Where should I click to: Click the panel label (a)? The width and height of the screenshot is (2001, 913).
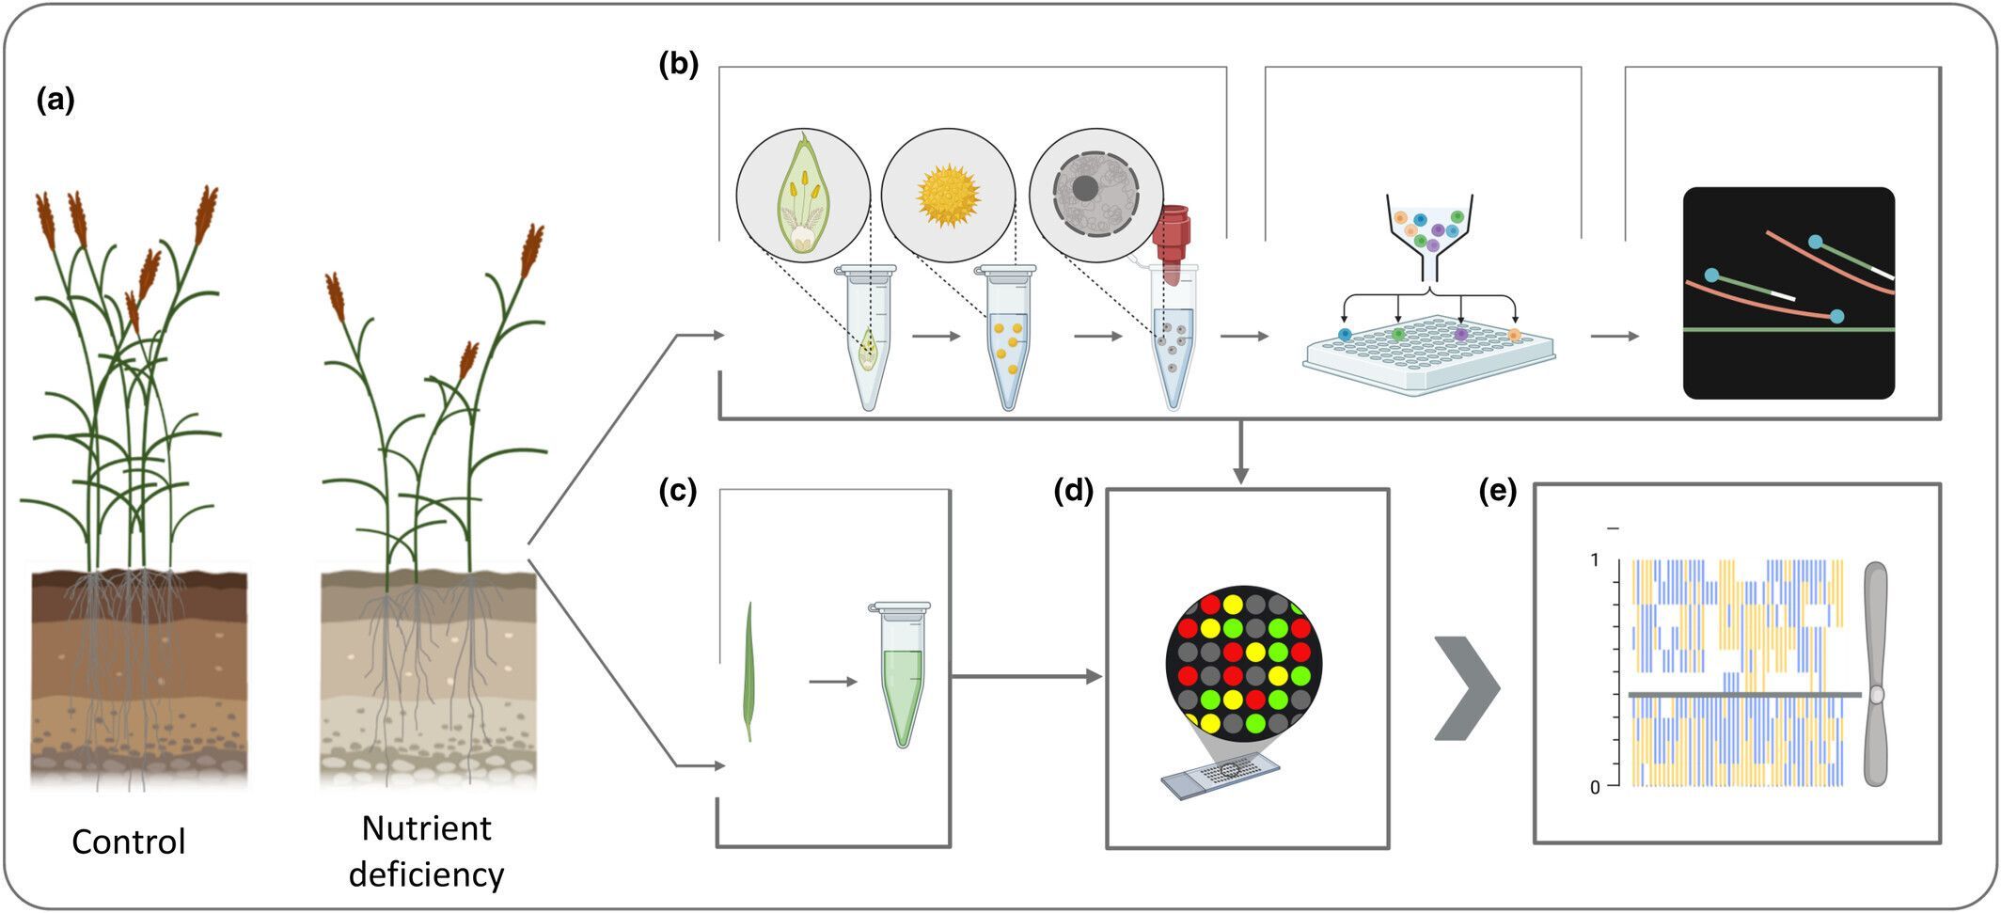click(x=55, y=100)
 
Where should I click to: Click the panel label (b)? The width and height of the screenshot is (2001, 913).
click(x=679, y=65)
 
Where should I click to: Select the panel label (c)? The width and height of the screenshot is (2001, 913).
click(x=678, y=491)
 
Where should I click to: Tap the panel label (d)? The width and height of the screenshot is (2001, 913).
click(x=1073, y=491)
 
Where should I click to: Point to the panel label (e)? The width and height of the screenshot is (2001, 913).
click(x=1498, y=491)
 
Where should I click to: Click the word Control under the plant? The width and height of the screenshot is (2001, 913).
click(x=129, y=842)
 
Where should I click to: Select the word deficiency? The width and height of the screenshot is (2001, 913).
click(x=426, y=874)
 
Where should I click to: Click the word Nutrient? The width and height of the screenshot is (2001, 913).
click(x=426, y=828)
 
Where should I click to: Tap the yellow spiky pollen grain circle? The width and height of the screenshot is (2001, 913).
click(x=948, y=196)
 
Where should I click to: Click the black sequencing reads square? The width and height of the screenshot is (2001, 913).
click(x=1788, y=293)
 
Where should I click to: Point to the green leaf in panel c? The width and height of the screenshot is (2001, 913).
click(x=749, y=672)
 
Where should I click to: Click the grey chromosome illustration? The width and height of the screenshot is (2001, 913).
click(x=1875, y=674)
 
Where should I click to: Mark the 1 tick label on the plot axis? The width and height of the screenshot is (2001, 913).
click(x=1594, y=560)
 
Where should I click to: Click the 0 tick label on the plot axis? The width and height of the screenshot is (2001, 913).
click(x=1594, y=788)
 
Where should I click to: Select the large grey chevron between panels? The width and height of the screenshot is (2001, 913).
click(x=1467, y=687)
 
